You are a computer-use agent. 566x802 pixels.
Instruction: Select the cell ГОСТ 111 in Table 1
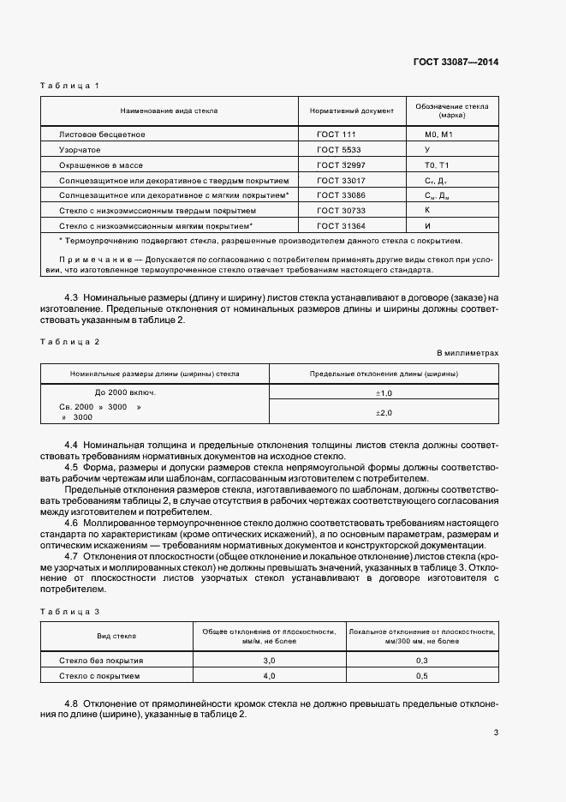[336, 135]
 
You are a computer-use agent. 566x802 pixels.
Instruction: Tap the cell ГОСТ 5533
[337, 149]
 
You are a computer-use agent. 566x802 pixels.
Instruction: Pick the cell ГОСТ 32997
[340, 165]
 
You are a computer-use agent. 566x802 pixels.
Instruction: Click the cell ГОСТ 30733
[340, 209]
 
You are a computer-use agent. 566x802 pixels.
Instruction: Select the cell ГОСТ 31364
[340, 224]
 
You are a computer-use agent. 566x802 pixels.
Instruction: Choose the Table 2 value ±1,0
[384, 392]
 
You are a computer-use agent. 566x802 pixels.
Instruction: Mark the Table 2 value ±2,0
[384, 412]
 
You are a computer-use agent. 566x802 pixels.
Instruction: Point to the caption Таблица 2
[70, 342]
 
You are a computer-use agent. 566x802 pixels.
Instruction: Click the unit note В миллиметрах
[468, 352]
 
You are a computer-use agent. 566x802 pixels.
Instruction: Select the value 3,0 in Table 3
[269, 661]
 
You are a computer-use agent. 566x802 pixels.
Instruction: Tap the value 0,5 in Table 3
[422, 676]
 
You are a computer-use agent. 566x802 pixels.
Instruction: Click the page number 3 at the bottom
[497, 733]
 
